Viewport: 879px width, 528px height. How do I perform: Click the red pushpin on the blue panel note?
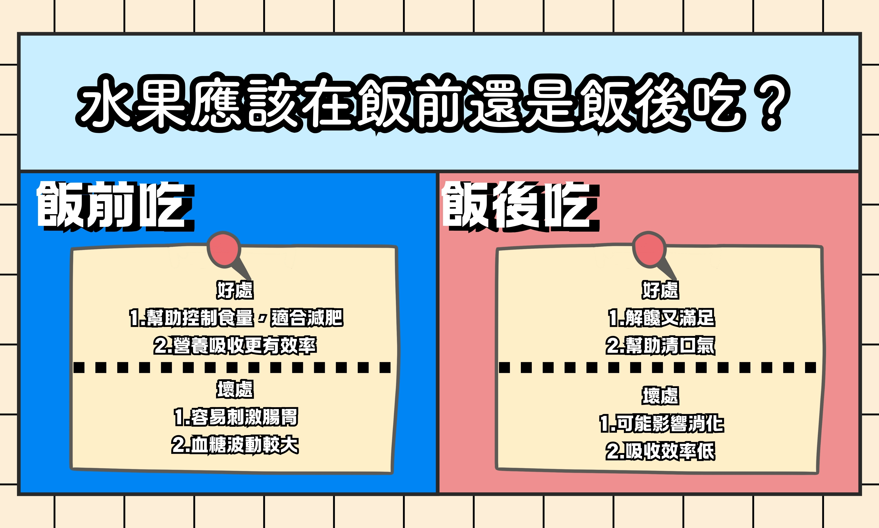coord(225,249)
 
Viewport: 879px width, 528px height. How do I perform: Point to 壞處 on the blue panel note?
coord(235,389)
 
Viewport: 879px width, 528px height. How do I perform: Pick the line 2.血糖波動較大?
coord(235,445)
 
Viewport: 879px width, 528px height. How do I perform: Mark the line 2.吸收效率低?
coord(660,451)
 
